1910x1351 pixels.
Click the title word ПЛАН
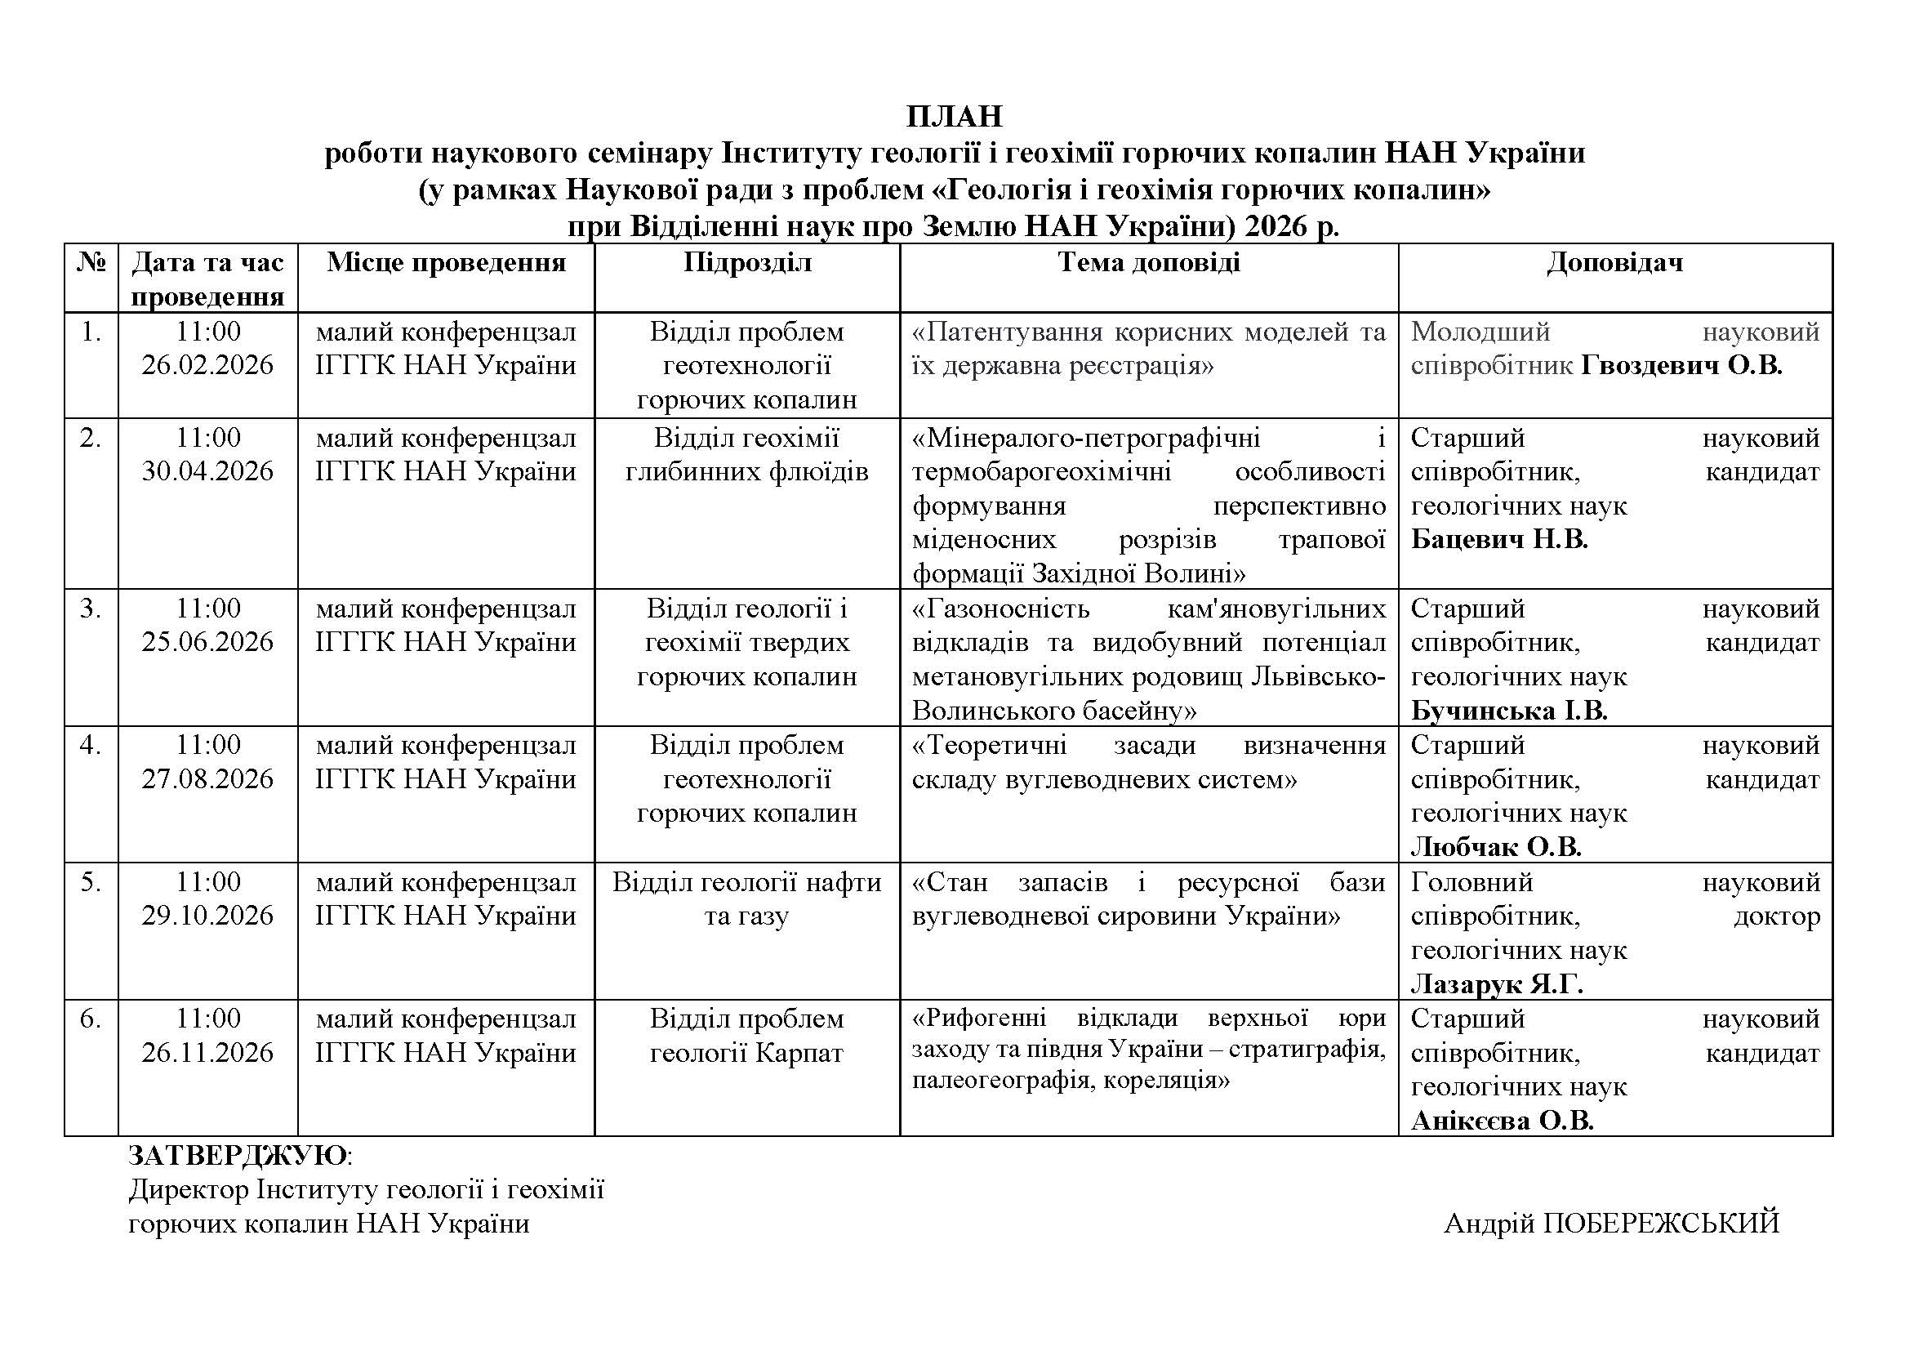pos(954,117)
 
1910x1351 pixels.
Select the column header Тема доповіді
pos(1149,263)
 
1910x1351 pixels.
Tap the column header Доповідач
pos(1614,263)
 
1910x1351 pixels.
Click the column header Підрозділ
pos(747,263)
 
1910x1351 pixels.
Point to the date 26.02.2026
pos(207,365)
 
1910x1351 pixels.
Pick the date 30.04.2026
pos(207,471)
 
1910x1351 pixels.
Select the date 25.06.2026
pos(207,642)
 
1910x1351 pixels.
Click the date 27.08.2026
pos(207,779)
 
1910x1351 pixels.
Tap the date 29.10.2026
pos(207,916)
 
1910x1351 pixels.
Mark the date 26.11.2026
pos(207,1053)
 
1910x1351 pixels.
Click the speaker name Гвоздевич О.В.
pos(1681,366)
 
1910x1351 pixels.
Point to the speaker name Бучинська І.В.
pos(1509,711)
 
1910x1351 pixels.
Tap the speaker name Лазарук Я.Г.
pos(1497,985)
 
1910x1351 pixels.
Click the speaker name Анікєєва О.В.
pos(1502,1121)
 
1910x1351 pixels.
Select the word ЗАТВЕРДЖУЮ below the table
pos(238,1156)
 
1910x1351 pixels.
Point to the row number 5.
pos(91,882)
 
